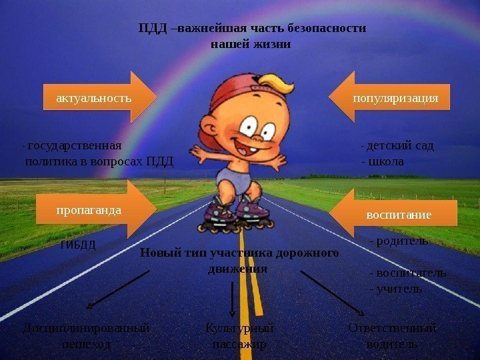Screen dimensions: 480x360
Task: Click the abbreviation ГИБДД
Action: [x=78, y=245]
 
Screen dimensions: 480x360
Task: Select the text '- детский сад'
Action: [x=397, y=146]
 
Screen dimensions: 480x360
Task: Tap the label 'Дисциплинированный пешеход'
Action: [x=86, y=337]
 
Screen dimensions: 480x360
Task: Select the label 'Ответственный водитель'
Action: [x=393, y=337]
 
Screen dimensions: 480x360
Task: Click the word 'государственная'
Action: [x=75, y=146]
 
